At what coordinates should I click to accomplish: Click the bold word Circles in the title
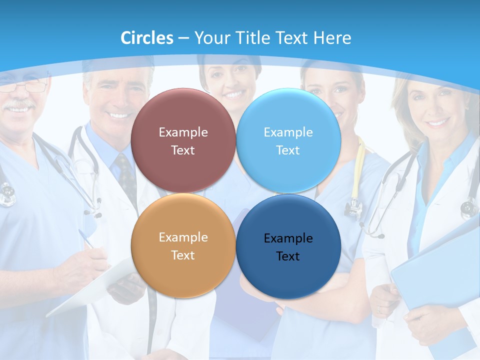pyautogui.click(x=147, y=38)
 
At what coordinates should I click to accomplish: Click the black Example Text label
pyautogui.click(x=288, y=247)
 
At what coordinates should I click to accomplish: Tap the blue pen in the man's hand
pyautogui.click(x=86, y=239)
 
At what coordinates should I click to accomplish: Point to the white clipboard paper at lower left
pyautogui.click(x=90, y=290)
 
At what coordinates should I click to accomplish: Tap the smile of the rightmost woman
pyautogui.click(x=437, y=122)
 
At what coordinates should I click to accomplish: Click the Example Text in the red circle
pyautogui.click(x=183, y=141)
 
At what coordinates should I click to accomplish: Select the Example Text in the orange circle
pyautogui.click(x=183, y=246)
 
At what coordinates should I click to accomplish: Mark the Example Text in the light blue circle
pyautogui.click(x=288, y=141)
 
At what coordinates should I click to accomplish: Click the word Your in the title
pyautogui.click(x=210, y=38)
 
